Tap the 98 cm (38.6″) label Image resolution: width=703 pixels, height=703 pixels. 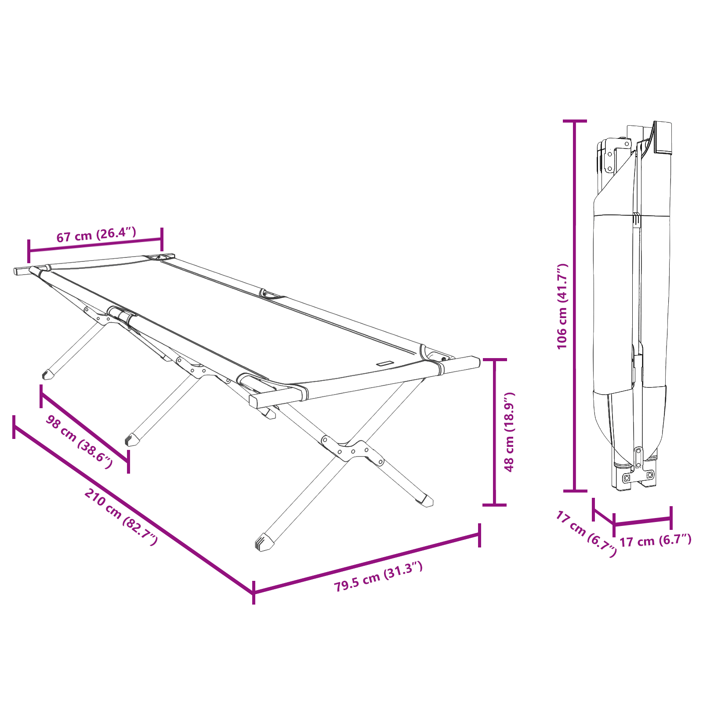tap(79, 442)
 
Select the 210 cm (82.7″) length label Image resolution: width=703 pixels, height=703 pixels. tap(120, 516)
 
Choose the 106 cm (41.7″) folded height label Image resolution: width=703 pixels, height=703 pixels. tap(562, 306)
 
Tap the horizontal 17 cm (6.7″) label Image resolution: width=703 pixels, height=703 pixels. tap(655, 540)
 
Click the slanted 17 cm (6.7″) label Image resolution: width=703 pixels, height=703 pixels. tap(586, 534)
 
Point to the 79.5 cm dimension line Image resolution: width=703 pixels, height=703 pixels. tap(366, 564)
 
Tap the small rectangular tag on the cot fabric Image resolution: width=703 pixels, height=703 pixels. tap(384, 363)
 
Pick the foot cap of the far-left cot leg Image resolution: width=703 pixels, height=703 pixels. tap(47, 374)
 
